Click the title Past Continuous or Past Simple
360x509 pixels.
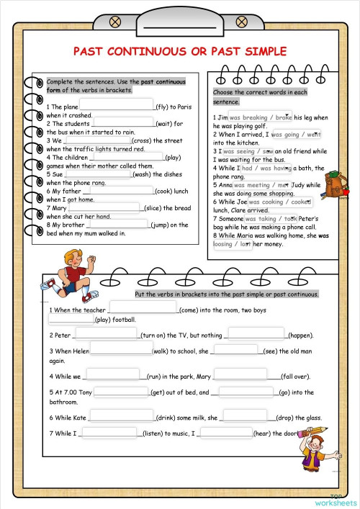click(x=180, y=51)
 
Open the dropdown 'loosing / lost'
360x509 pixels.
click(x=233, y=243)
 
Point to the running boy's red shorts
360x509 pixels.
click(x=71, y=286)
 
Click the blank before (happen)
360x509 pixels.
click(x=256, y=334)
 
